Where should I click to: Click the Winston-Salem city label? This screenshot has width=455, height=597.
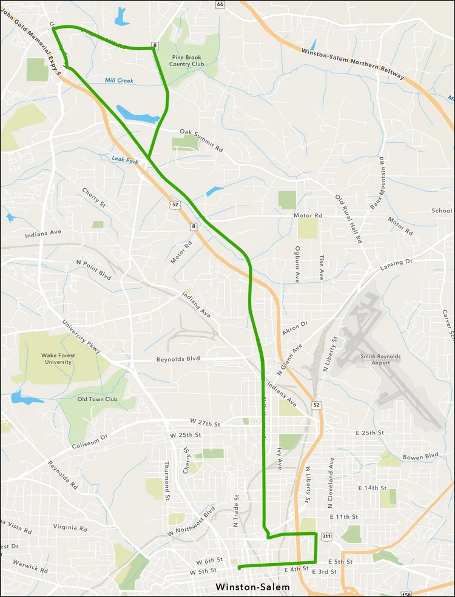pyautogui.click(x=253, y=587)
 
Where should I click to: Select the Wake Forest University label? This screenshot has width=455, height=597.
pyautogui.click(x=56, y=359)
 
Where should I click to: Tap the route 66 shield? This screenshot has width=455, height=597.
pyautogui.click(x=220, y=4)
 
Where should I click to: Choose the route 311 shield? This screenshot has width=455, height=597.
pyautogui.click(x=327, y=536)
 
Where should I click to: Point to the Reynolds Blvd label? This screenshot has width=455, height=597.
pyautogui.click(x=178, y=359)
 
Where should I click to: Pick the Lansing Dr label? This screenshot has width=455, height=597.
pyautogui.click(x=396, y=265)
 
